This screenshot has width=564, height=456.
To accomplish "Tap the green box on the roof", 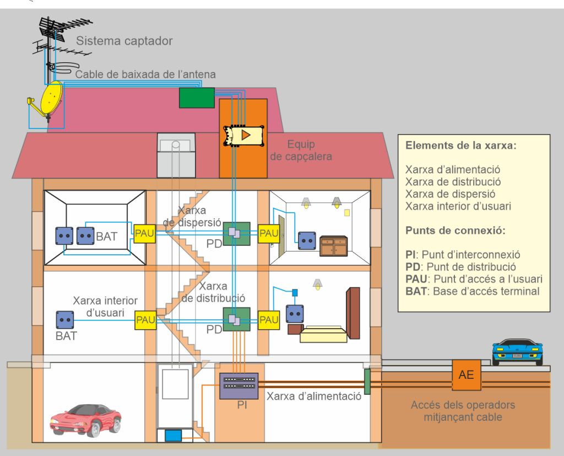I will tap(197, 98).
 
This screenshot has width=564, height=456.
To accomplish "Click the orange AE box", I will tap(466, 375).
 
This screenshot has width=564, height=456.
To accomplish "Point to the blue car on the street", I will tap(517, 352).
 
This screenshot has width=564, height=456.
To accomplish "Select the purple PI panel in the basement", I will tap(238, 386).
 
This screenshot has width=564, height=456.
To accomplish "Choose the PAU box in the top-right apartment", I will tap(269, 233).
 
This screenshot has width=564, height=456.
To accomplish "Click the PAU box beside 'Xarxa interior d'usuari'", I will tap(145, 320).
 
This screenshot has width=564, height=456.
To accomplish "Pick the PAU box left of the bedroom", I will tap(269, 320).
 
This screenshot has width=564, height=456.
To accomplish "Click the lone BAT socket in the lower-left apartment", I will tap(65, 320).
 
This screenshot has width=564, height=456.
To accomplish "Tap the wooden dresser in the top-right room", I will tap(333, 246).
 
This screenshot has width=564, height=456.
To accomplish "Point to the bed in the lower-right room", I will tap(324, 333).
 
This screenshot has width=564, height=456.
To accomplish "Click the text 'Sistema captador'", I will tap(124, 41).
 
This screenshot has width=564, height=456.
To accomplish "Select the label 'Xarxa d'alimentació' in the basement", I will tap(314, 395).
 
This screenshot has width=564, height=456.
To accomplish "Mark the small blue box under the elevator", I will tap(173, 435).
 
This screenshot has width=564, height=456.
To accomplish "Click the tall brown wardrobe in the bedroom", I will tap(352, 313).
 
